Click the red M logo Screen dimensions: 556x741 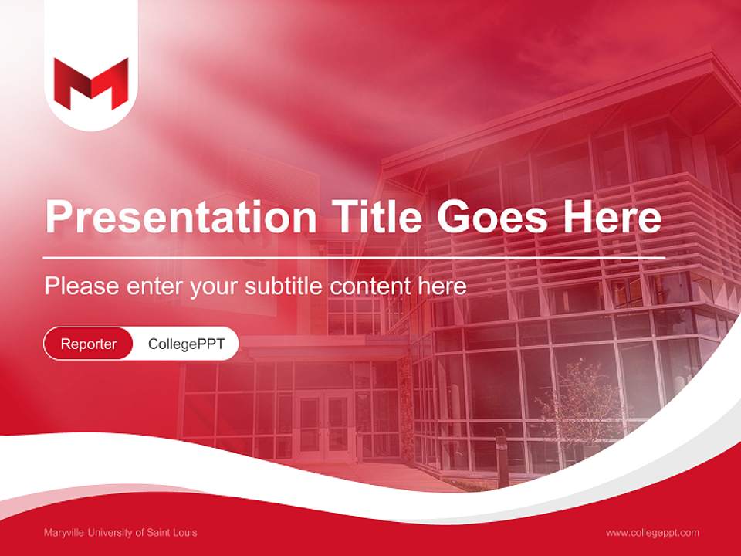click(91, 83)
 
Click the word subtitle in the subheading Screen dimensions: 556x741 click(285, 286)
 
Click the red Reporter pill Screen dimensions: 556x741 click(89, 344)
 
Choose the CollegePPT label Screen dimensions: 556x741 click(186, 344)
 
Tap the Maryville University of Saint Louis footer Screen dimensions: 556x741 click(120, 533)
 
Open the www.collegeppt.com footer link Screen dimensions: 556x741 click(652, 533)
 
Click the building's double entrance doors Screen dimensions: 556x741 click(323, 425)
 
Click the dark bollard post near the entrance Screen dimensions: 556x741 click(502, 460)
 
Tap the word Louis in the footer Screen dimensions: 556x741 click(185, 533)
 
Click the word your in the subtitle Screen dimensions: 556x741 click(216, 287)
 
